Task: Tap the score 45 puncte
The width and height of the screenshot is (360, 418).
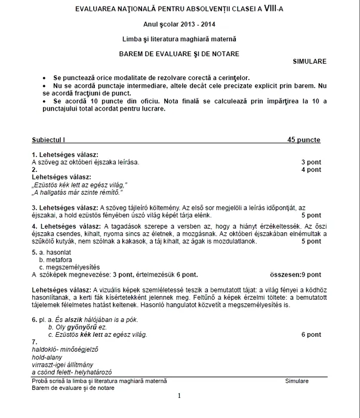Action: [303, 140]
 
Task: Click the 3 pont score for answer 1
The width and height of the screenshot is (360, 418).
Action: [310, 162]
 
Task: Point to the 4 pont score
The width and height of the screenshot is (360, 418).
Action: [310, 170]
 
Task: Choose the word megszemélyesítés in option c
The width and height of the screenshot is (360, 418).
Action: [72, 267]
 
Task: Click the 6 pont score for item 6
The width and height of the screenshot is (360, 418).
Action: [310, 334]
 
